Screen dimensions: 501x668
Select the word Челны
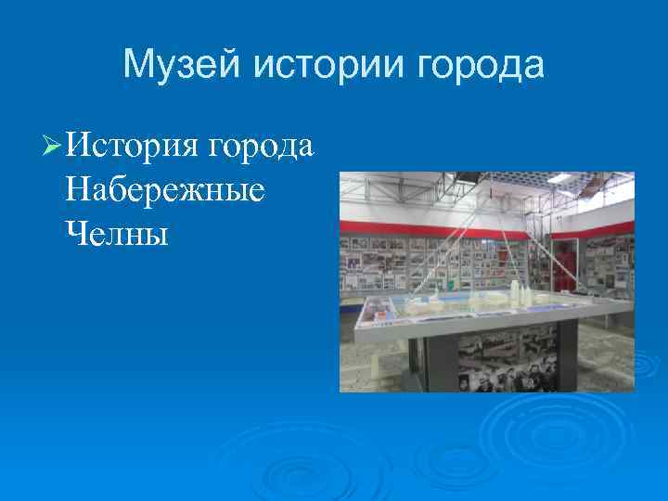[117, 233]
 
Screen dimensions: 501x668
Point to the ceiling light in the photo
[559, 178]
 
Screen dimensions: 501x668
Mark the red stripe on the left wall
[390, 229]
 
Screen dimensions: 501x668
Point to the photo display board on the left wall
[390, 264]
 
